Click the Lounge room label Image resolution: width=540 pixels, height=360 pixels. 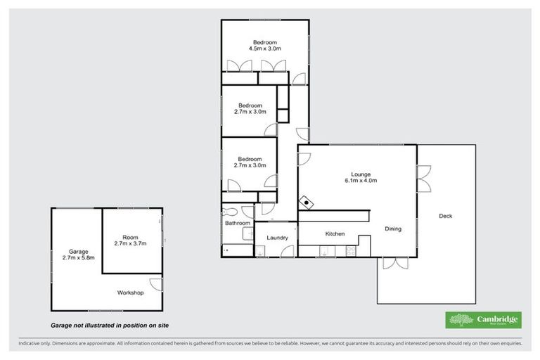click(x=361, y=174)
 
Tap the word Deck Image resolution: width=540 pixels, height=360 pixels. click(x=445, y=216)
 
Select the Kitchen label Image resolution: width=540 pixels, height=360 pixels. click(x=334, y=233)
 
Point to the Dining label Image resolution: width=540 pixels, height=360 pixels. click(x=392, y=229)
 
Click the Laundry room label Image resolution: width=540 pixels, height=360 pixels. click(x=277, y=238)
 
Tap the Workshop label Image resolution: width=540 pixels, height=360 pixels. click(x=130, y=292)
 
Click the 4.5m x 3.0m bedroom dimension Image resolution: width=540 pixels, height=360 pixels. click(x=265, y=49)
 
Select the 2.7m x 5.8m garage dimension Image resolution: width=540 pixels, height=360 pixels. click(x=77, y=258)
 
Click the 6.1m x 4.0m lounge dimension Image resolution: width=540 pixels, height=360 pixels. click(x=361, y=181)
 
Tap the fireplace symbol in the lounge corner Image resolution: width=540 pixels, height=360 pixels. click(x=307, y=202)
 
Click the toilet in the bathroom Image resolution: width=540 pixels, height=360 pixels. click(x=229, y=210)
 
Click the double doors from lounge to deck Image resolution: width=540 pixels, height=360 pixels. click(x=423, y=179)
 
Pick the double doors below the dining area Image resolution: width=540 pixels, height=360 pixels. click(x=395, y=263)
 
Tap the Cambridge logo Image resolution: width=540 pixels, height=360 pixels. click(x=484, y=320)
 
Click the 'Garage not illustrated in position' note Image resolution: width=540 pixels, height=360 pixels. click(x=109, y=326)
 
